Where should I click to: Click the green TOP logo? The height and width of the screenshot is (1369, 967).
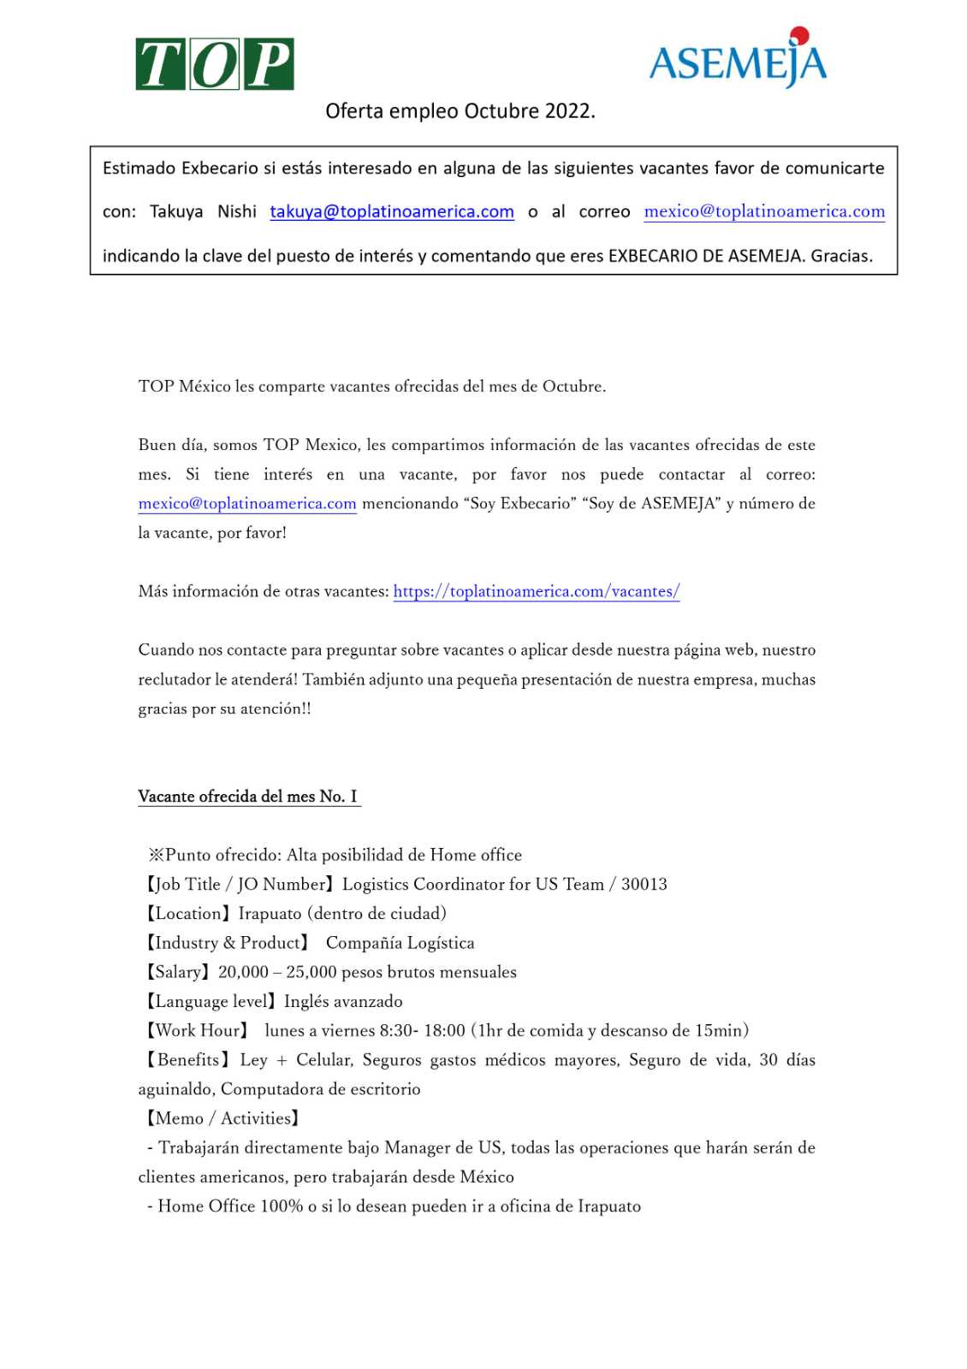pos(215,64)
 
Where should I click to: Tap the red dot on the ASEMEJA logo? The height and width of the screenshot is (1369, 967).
pos(799,35)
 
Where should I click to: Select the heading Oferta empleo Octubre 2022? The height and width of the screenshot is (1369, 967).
pos(460,111)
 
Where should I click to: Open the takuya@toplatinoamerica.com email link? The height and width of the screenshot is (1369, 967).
pos(392,211)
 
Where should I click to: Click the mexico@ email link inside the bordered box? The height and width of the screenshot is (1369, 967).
pos(764,211)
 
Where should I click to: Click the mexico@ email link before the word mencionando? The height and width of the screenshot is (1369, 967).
pos(247,503)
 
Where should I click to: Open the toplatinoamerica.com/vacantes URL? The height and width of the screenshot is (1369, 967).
pos(537,591)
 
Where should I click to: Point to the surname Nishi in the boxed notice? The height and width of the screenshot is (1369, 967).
pos(237,211)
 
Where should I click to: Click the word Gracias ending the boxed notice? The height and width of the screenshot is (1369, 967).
pos(841,256)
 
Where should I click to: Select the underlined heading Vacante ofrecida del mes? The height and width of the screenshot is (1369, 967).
pos(248,797)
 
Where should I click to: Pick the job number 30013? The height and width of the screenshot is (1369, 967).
pos(644,885)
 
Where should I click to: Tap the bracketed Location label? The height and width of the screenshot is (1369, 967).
pos(188,914)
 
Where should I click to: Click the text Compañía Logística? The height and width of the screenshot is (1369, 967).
pos(400,943)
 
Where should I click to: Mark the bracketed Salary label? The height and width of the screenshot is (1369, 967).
pos(177,972)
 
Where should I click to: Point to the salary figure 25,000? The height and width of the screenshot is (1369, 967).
pos(311,972)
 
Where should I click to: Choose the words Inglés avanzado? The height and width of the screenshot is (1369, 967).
pos(343,1001)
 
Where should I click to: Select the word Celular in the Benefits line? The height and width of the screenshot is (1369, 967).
pos(323,1060)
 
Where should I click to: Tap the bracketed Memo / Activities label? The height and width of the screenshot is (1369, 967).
pos(222,1118)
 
